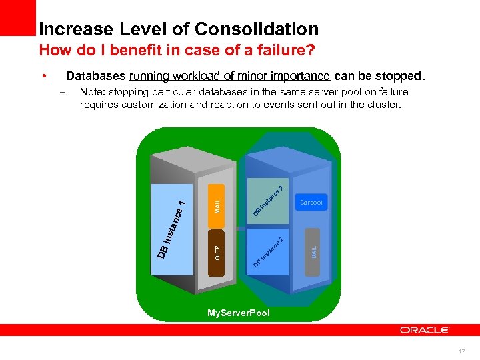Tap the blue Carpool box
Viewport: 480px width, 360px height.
point(311,202)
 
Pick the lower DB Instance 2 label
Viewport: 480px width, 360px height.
point(269,252)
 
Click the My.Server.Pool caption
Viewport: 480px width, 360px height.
point(239,313)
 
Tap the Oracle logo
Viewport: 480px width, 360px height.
point(425,329)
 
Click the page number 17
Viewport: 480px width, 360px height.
point(462,351)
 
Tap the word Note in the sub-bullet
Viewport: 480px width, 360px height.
point(90,92)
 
